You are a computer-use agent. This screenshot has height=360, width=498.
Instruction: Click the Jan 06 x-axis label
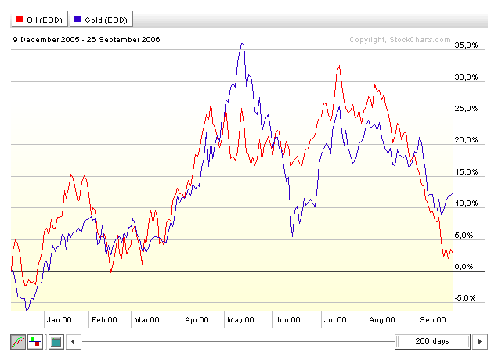[59, 319]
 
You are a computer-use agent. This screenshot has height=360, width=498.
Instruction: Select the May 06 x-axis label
[242, 319]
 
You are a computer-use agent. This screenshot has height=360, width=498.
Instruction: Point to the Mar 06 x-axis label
[146, 319]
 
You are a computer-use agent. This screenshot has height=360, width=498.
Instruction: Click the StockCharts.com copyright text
[400, 40]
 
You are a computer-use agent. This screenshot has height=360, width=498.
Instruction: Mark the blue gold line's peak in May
[243, 44]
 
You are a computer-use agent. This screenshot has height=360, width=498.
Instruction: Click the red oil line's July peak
[338, 66]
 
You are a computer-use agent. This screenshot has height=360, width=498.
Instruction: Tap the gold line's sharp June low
[293, 236]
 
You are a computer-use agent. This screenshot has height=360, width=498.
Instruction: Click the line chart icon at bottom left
[17, 342]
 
